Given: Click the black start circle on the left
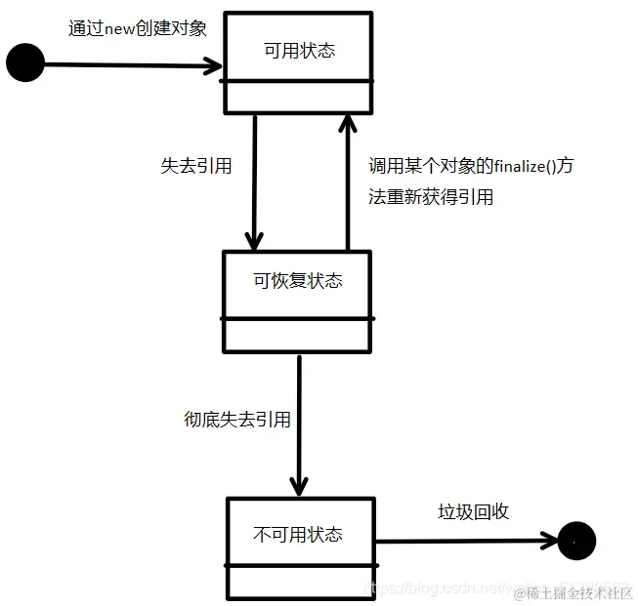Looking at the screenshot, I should (x=25, y=63).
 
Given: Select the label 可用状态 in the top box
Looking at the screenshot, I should (x=299, y=50).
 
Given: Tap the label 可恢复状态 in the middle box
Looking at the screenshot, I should (x=298, y=281).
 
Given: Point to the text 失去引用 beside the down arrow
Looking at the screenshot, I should (x=195, y=166).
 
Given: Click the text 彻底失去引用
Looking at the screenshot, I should (x=237, y=420).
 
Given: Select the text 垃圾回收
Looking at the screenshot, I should (x=473, y=511).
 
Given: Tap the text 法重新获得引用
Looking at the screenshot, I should (x=431, y=196).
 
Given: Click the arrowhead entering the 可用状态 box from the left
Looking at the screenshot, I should (x=213, y=66).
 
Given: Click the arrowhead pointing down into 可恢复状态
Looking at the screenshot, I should (x=254, y=239).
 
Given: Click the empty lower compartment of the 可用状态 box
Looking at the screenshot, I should (x=298, y=96).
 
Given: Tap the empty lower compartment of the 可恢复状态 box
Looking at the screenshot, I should (x=297, y=334).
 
